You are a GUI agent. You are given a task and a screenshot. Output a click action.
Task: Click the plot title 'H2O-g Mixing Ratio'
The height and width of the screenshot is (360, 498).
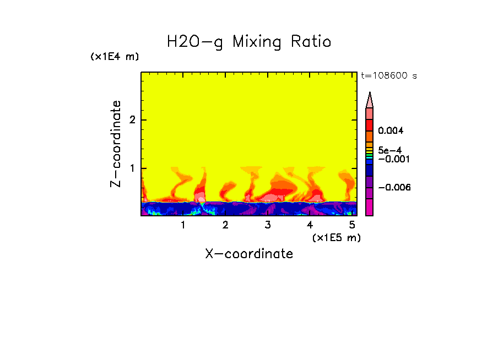point(249,42)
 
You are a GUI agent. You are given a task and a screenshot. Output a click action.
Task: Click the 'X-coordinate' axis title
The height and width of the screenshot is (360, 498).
point(249,254)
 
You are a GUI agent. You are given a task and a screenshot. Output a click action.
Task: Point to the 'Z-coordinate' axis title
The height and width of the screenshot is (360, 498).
point(116,144)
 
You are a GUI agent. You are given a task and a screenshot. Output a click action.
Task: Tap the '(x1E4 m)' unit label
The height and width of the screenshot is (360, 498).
point(115,57)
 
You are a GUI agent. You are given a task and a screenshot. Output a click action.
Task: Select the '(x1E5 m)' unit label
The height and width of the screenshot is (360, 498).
point(336,237)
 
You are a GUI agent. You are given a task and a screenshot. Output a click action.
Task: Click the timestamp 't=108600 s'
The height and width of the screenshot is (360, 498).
point(388,75)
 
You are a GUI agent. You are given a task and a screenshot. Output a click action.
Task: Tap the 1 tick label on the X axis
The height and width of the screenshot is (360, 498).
point(183,225)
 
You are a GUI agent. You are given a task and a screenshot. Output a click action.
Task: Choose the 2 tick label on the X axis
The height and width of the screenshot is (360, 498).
point(225,225)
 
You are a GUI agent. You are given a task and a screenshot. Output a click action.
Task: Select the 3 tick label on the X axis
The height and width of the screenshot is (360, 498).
point(267,225)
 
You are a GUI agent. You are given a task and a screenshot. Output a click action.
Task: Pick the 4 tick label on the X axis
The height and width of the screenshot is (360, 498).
point(310,225)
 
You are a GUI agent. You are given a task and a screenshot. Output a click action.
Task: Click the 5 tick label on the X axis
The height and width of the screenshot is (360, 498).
point(352,225)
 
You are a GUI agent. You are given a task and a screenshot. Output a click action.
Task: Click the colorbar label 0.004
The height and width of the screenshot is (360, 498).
point(391,131)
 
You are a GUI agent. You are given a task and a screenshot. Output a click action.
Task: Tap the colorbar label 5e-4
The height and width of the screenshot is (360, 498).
point(389,150)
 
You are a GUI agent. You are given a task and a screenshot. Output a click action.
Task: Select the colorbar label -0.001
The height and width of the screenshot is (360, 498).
point(393,159)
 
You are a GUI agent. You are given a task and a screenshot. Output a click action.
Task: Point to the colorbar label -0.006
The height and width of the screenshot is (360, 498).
point(394,188)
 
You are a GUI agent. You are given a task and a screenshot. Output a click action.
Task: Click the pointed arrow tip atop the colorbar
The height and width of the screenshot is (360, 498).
point(370,95)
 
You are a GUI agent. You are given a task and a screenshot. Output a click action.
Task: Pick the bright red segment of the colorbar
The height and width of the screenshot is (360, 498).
point(370,125)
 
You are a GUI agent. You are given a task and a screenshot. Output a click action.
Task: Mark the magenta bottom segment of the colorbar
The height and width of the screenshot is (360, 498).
point(370,207)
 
